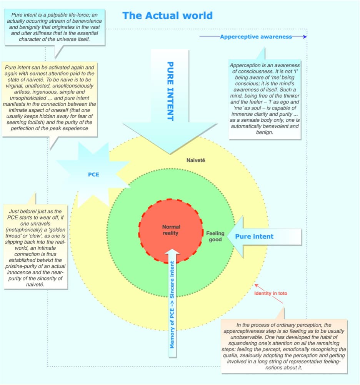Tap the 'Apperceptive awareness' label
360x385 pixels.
click(256, 37)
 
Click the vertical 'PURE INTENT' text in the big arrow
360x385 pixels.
click(170, 91)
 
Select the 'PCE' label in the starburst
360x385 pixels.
click(93, 174)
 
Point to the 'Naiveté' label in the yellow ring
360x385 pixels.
click(195, 160)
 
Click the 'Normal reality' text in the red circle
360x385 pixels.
click(171, 230)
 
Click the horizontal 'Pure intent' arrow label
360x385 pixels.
click(254, 236)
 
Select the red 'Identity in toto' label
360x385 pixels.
click(270, 294)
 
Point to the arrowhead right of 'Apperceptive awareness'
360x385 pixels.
click(305, 37)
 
